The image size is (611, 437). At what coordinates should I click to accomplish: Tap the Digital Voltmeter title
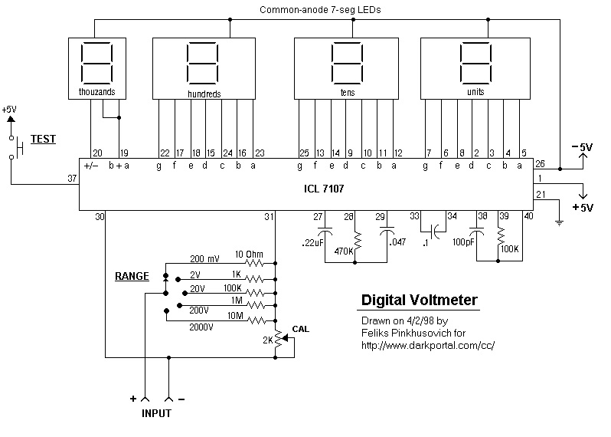click(419, 300)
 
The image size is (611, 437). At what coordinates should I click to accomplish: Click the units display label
click(475, 92)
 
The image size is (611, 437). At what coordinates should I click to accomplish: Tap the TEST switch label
click(43, 140)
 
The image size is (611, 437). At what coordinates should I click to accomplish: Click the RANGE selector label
click(132, 275)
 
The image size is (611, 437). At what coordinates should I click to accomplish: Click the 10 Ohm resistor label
click(250, 255)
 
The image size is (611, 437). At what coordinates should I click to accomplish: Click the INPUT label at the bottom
click(155, 413)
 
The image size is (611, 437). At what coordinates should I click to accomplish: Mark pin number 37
click(72, 178)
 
